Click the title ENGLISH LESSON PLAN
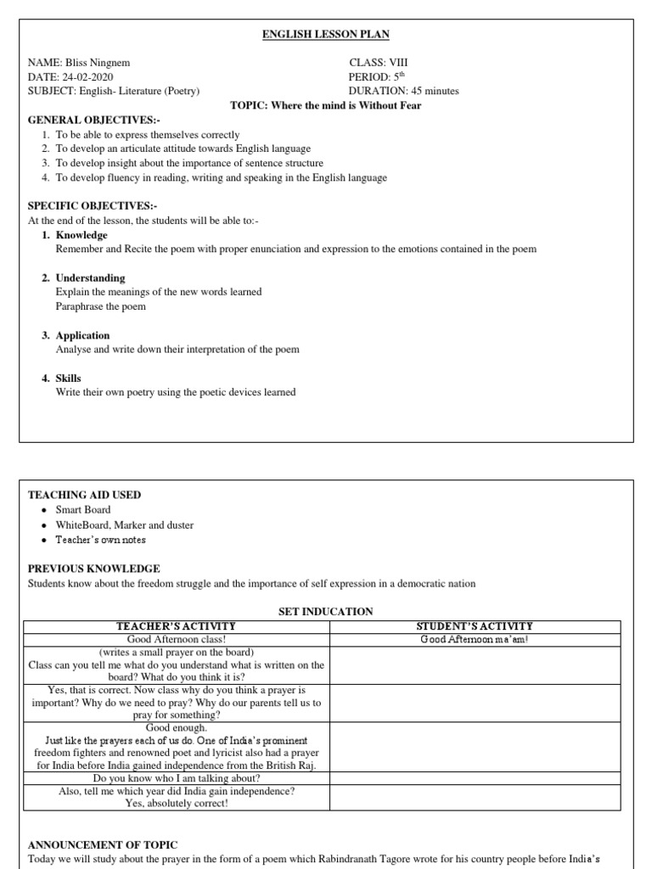coord(326,34)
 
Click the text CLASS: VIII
coord(379,63)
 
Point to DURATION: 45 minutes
coord(403,91)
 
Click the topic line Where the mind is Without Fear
coord(326,105)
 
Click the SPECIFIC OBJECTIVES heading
coord(81,206)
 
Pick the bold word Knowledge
coord(81,235)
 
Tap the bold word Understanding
coord(90,278)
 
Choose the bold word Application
coord(83,335)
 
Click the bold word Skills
coord(69,378)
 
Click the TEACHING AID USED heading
coord(85,495)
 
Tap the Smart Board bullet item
coord(83,510)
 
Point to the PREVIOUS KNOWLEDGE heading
coord(94,569)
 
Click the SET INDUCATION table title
coord(326,611)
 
